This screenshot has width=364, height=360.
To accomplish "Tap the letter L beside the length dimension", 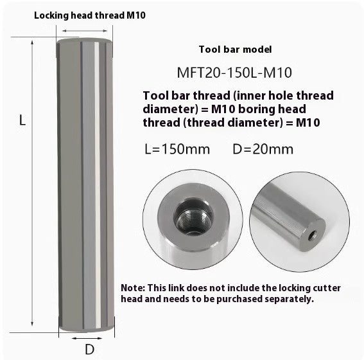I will coord(22,120).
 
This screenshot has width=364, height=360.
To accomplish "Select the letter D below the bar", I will coord(90,349).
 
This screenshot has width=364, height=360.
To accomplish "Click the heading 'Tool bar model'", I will coord(236,50).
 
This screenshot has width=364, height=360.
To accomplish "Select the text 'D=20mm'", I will coord(263,149).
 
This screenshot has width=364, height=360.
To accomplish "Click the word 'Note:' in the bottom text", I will coord(134,287).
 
